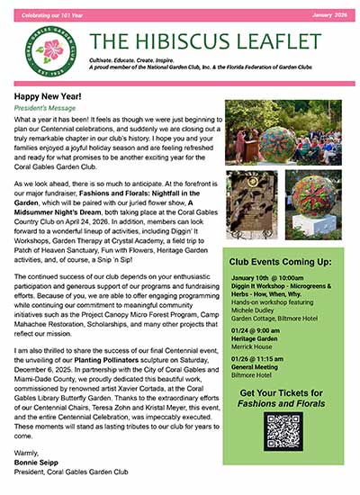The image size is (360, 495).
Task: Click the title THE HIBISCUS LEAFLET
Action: (206, 41)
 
